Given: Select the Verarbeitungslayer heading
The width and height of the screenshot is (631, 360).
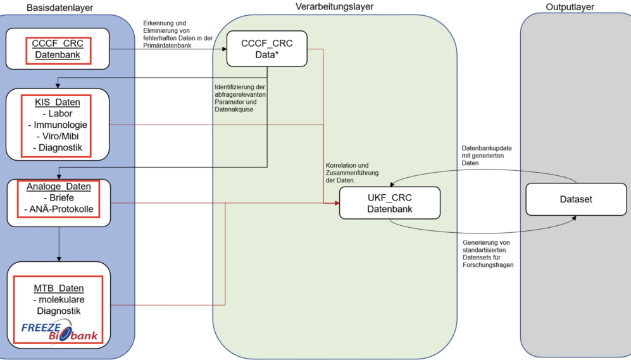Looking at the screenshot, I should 334,7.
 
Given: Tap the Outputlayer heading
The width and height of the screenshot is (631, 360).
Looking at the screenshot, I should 570,7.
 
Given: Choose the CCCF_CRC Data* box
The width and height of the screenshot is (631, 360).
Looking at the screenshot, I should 266,49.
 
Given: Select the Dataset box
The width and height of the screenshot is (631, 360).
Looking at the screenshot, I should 575,199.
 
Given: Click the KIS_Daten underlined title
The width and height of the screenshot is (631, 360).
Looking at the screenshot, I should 59,102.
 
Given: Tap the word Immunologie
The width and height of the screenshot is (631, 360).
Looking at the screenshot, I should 59,125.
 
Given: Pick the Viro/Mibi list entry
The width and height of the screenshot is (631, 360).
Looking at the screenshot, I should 59,136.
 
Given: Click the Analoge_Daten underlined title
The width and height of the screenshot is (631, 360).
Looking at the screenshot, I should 59,187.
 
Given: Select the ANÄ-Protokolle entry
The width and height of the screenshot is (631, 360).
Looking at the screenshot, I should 59,209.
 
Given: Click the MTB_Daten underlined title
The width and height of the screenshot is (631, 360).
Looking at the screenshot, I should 59,289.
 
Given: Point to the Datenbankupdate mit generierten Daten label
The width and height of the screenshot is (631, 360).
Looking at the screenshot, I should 487,155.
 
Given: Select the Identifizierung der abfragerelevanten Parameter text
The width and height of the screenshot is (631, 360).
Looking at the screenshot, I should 239,97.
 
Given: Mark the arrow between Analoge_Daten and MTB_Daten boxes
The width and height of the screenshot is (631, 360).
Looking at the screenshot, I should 59,244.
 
